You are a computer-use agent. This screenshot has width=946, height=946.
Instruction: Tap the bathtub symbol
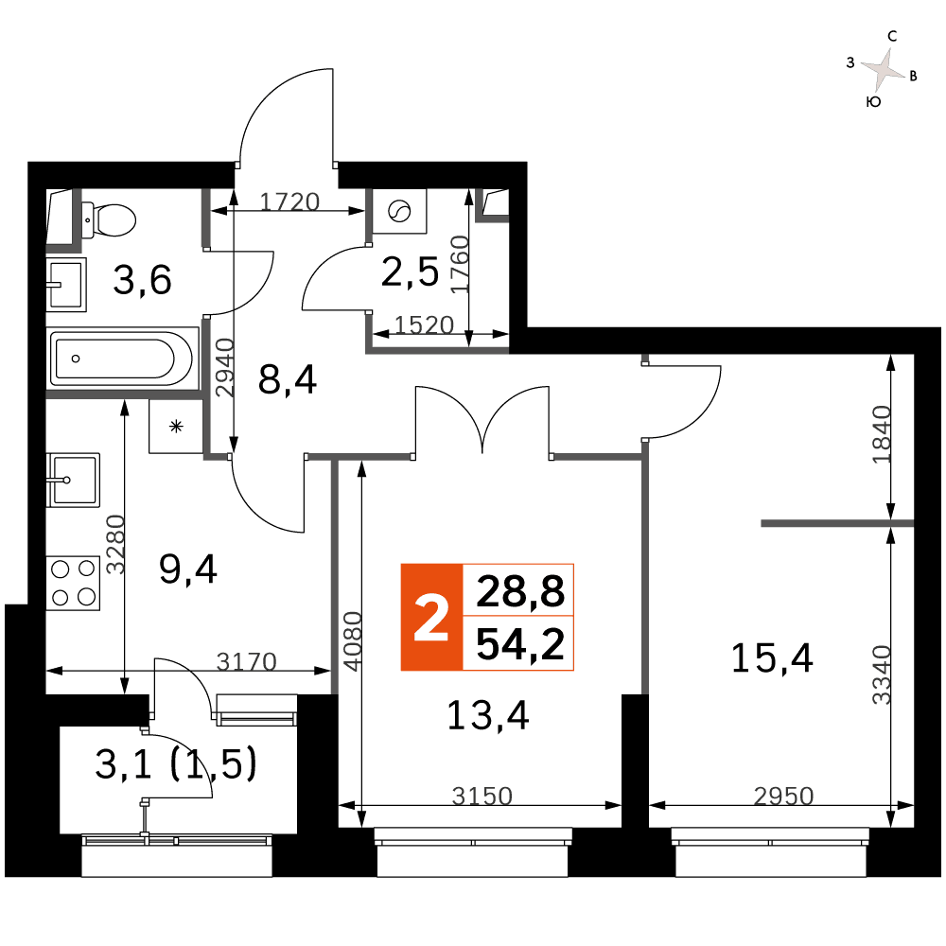pyautogui.click(x=123, y=359)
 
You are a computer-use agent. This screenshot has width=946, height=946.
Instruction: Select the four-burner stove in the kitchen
pyautogui.click(x=73, y=583)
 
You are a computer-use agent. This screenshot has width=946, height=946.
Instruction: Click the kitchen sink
pyautogui.click(x=73, y=481)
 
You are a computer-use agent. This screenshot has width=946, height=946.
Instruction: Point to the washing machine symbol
pyautogui.click(x=399, y=211)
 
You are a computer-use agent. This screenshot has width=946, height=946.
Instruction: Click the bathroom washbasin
pyautogui.click(x=66, y=285)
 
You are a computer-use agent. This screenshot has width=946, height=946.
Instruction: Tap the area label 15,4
pyautogui.click(x=772, y=657)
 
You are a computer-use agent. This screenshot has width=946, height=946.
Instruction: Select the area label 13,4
pyautogui.click(x=487, y=715)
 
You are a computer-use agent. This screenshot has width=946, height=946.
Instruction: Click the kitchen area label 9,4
pyautogui.click(x=187, y=569)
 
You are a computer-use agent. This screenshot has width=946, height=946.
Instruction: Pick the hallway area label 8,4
pyautogui.click(x=288, y=380)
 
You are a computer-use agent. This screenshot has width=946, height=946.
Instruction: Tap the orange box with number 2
pyautogui.click(x=432, y=617)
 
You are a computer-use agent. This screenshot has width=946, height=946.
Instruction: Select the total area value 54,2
pyautogui.click(x=520, y=643)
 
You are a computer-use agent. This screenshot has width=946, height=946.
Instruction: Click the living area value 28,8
pyautogui.click(x=520, y=590)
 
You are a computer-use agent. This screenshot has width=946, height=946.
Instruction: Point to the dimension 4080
pyautogui.click(x=352, y=640)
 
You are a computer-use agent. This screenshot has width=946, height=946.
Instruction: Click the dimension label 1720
pyautogui.click(x=289, y=201)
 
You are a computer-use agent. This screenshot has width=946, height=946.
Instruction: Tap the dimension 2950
pyautogui.click(x=783, y=797)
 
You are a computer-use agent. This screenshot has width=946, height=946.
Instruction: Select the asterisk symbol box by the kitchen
pyautogui.click(x=176, y=427)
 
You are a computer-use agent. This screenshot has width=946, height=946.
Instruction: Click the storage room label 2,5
pyautogui.click(x=411, y=272)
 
